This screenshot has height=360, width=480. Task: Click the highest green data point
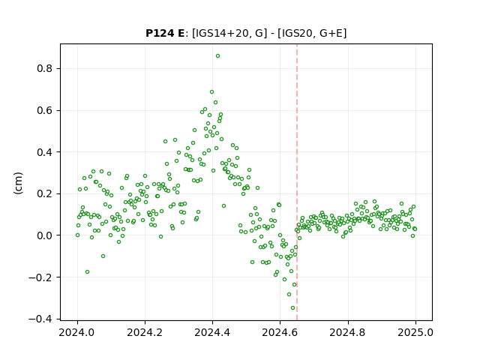point(217,56)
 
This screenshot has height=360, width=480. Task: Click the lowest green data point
point(292,308)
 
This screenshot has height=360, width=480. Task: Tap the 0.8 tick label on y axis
point(44,68)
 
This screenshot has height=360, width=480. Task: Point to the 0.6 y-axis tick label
point(44,110)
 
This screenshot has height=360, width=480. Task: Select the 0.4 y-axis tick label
point(44,152)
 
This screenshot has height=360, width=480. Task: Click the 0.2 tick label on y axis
point(44,193)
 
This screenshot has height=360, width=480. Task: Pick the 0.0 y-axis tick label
point(44,235)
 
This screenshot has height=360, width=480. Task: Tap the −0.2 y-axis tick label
point(40,277)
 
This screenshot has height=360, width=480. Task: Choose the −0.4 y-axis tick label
point(40,319)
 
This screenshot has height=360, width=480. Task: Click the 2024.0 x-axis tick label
point(77,332)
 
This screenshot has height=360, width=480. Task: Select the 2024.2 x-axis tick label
point(145,332)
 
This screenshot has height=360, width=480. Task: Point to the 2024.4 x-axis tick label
point(212,332)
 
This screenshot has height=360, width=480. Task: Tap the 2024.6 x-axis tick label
point(280,332)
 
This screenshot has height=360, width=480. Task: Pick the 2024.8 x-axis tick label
point(348,332)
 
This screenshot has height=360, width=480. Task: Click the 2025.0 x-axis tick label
point(415,332)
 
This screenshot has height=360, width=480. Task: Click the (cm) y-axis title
point(18,183)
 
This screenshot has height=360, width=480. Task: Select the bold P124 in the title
point(160,33)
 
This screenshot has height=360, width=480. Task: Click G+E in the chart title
point(331,33)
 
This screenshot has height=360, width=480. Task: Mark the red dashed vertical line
point(297,182)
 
